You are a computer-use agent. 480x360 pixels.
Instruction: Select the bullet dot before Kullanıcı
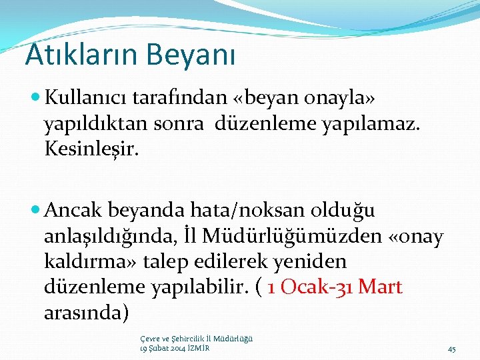[x=36, y=99]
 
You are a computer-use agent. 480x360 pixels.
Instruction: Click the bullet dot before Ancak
[x=36, y=211]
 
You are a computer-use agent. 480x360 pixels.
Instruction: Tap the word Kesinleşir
[x=92, y=149]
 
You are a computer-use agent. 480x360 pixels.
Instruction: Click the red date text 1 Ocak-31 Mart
[x=335, y=287]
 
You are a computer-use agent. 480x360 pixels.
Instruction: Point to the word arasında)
[x=86, y=312]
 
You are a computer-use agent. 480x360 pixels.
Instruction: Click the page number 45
[x=451, y=349]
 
